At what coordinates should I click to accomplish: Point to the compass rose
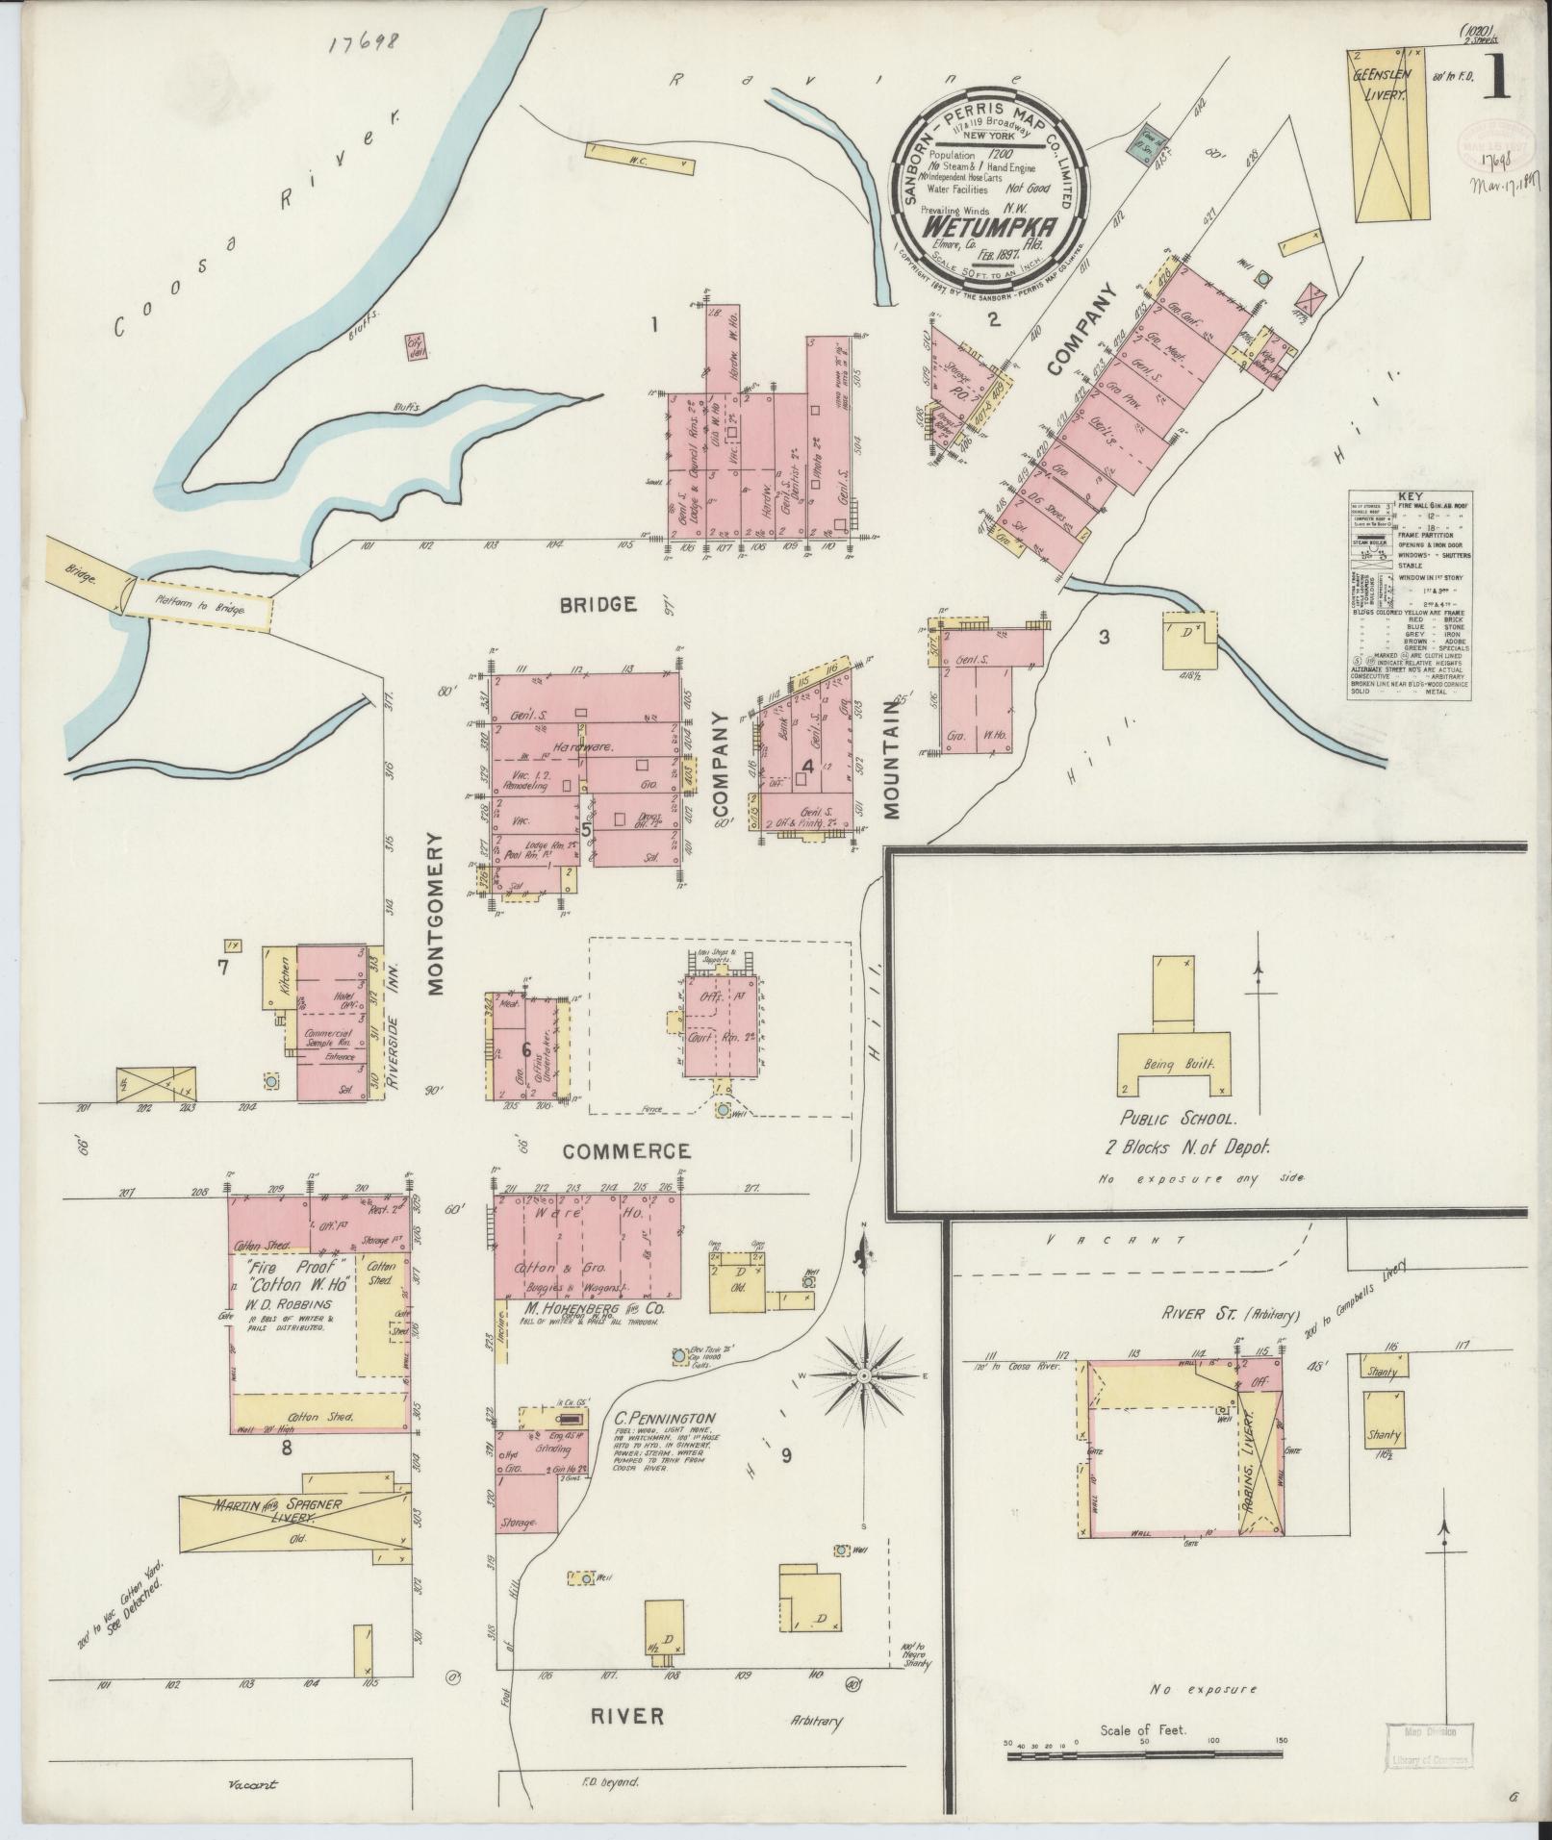864,1376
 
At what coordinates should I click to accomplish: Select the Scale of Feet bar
1144,1755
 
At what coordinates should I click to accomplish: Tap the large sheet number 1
1497,79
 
